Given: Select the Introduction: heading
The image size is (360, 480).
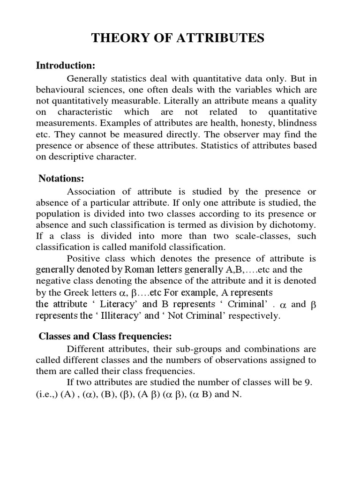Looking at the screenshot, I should click(66, 65).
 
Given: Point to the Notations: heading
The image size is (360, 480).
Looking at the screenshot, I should click(61, 179).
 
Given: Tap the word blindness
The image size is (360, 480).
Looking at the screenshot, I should click(297, 123).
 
